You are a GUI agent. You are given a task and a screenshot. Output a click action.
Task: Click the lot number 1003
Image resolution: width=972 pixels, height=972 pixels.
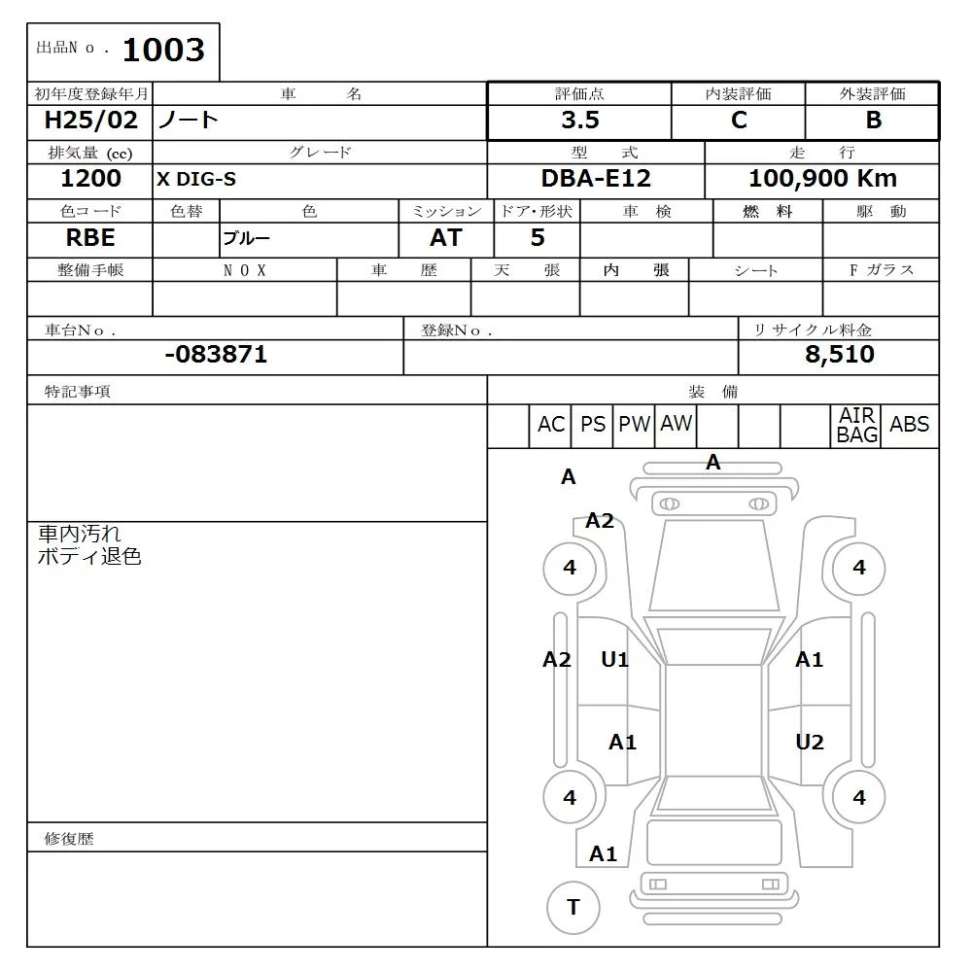pos(163,51)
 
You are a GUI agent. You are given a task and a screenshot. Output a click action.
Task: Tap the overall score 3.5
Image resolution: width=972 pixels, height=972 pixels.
pos(580,121)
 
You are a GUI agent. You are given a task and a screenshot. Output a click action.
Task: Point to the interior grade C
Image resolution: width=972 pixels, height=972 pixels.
pos(739,121)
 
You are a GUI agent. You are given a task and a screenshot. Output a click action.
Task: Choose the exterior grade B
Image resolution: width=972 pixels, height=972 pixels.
pos(873,121)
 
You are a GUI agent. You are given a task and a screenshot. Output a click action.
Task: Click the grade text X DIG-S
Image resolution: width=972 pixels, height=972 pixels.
pos(196,179)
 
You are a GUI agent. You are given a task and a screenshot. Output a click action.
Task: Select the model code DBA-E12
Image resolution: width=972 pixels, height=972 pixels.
pos(596,179)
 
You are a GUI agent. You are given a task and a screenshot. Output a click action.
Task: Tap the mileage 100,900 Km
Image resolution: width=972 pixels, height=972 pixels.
pos(822,179)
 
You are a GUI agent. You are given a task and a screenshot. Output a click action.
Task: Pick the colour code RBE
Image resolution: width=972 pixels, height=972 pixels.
pos(90,238)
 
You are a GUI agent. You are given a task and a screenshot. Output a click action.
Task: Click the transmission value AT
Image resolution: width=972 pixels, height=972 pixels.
pos(446,238)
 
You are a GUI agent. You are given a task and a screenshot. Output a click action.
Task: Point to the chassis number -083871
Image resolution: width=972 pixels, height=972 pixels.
pos(216,355)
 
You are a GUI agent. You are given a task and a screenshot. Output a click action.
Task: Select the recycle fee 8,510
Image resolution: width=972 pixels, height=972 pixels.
pos(839,355)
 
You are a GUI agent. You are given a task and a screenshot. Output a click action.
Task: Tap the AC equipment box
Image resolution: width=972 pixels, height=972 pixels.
pos(550,425)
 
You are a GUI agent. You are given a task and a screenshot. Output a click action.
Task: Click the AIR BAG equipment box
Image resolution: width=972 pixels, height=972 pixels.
pos(857,426)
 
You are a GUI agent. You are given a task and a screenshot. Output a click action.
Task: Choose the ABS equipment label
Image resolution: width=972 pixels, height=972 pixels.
pos(909,425)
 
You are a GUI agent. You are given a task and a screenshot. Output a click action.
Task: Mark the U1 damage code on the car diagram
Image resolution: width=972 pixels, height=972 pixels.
pos(614,660)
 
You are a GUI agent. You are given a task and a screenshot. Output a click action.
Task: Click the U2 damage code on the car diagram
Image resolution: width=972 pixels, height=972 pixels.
pos(810,743)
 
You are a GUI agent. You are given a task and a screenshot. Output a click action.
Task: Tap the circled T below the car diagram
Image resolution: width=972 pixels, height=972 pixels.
pos(573,907)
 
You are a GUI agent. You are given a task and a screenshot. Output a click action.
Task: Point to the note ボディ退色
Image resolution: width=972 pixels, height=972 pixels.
pos(89,557)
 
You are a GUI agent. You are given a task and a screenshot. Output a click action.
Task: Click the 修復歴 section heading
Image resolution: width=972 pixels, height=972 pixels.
pos(69,838)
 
